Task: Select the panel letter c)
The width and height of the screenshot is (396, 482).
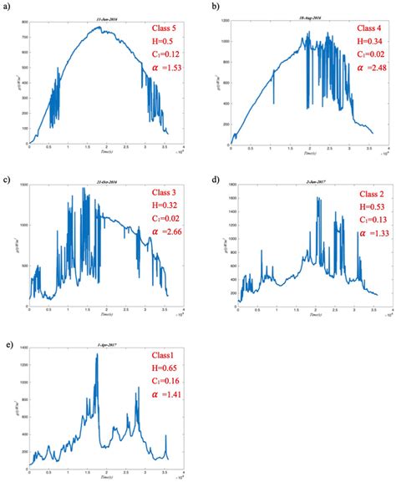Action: pos(7,179)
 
